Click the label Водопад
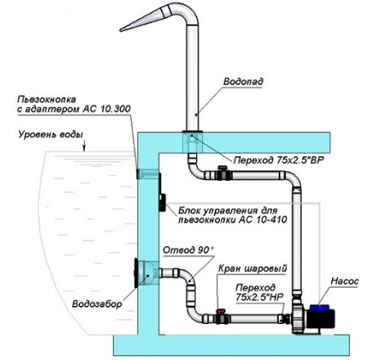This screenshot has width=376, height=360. (244, 82)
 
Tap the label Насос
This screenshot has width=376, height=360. (345, 281)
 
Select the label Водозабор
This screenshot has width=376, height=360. (96, 304)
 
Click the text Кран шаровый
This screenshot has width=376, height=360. (253, 268)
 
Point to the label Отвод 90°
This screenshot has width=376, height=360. (188, 250)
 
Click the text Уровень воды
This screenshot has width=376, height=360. (51, 135)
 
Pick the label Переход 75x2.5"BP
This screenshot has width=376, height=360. (279, 160)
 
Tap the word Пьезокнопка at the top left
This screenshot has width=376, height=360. (47, 99)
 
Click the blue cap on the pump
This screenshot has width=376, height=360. (320, 308)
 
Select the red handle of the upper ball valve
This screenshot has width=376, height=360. (222, 168)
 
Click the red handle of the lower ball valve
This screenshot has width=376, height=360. (220, 311)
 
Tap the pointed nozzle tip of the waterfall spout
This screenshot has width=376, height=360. (122, 29)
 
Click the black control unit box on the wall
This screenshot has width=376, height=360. (163, 203)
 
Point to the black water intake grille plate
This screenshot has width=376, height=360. (136, 273)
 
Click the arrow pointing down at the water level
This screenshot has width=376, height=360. (84, 146)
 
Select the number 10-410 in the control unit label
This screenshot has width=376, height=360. (271, 219)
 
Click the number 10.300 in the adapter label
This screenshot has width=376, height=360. (115, 109)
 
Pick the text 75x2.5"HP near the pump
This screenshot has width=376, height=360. (260, 297)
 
